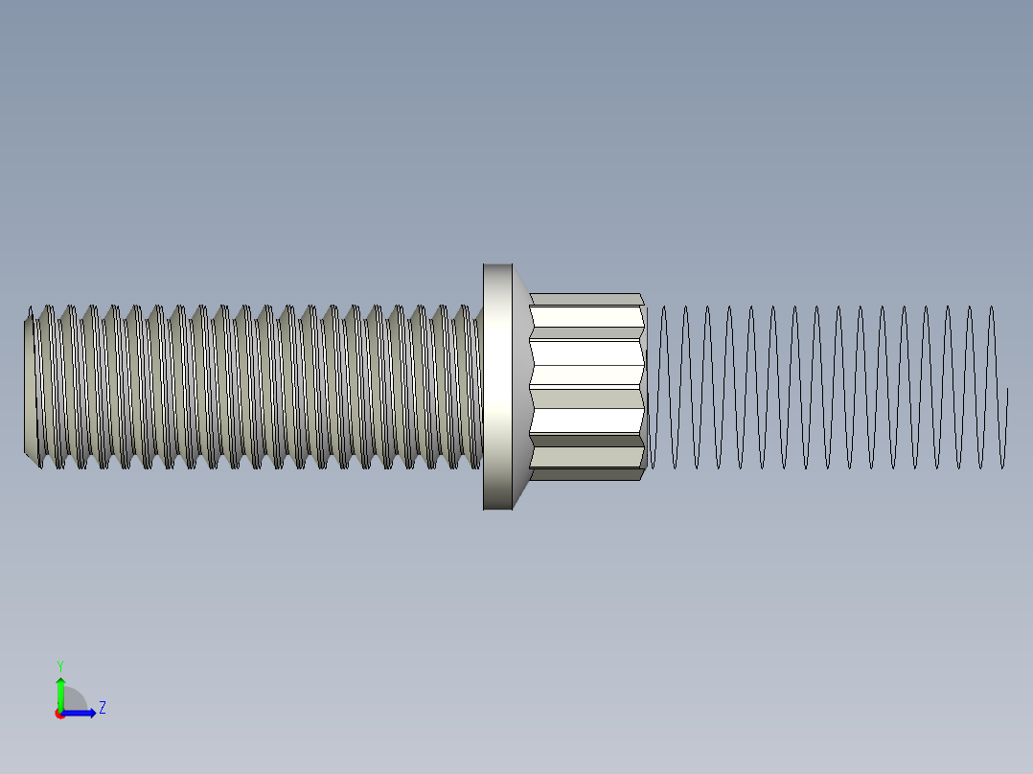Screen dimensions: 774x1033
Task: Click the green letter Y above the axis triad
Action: pyautogui.click(x=60, y=665)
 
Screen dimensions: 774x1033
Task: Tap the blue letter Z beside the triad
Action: pyautogui.click(x=102, y=708)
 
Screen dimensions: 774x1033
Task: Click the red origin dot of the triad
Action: pyautogui.click(x=60, y=714)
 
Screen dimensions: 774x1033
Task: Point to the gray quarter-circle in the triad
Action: pyautogui.click(x=74, y=702)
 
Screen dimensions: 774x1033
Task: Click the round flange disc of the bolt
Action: pyautogui.click(x=497, y=386)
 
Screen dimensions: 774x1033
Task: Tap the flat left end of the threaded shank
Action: pyautogui.click(x=29, y=386)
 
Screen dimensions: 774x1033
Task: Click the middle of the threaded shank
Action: pyautogui.click(x=254, y=386)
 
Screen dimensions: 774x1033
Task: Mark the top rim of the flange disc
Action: pyautogui.click(x=497, y=266)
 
